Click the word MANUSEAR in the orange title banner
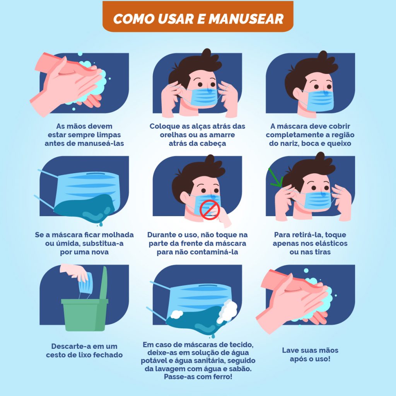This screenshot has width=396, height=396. [x=246, y=19]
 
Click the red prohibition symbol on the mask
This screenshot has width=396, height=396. [x=210, y=210]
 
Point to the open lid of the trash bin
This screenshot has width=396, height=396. [x=104, y=283]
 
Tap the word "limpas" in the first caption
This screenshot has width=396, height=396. [x=109, y=135]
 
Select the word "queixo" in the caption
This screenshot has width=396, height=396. [x=339, y=144]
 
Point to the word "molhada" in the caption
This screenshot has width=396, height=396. [x=117, y=235]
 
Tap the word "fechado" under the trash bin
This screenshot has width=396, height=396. [x=108, y=355]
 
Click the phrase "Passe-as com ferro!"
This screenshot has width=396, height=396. [x=198, y=377]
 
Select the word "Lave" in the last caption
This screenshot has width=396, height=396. [x=290, y=350]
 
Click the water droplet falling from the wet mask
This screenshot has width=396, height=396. [x=101, y=224]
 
